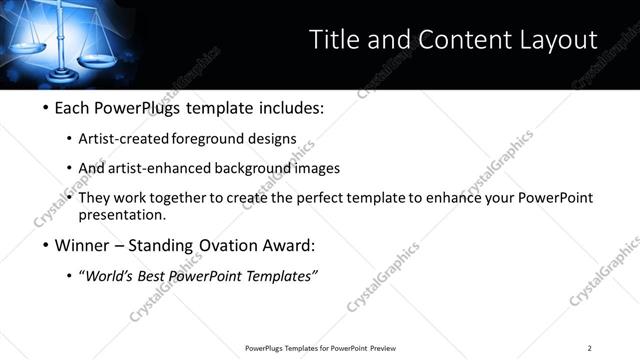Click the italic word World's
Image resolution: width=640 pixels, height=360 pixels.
pyautogui.click(x=112, y=275)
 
